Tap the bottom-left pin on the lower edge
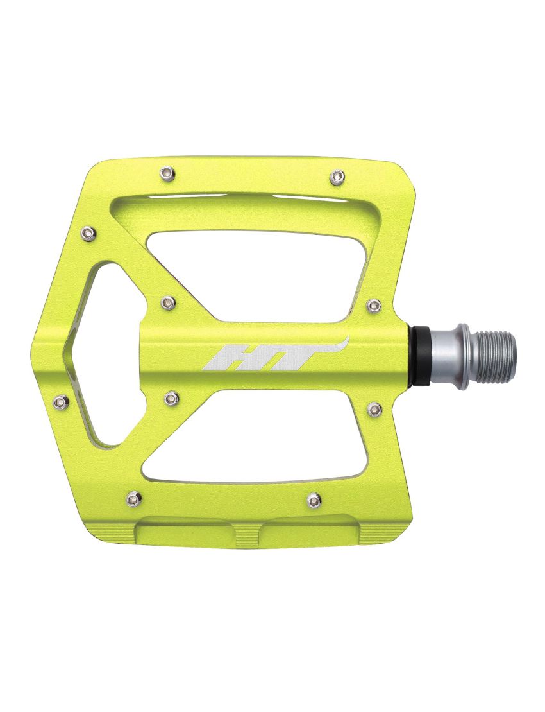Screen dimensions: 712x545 coord(134,497)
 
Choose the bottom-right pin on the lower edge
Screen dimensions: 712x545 coord(314,500)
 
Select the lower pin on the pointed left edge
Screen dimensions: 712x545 coord(61,401)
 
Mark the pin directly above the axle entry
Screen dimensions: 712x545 coord(374,306)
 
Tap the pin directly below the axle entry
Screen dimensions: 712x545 coord(375,409)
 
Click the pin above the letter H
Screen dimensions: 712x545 coord(167,302)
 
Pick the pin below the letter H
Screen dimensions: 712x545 coord(171,399)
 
